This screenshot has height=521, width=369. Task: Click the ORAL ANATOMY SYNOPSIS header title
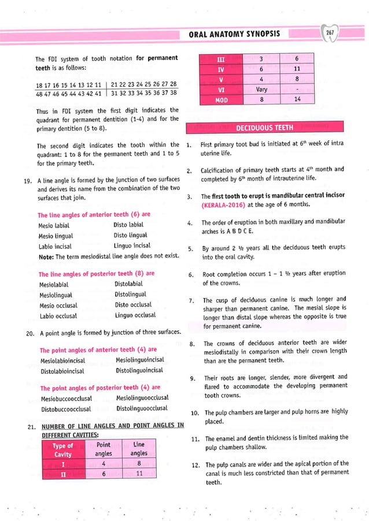234,34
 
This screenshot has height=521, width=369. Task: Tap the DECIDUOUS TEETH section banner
265,128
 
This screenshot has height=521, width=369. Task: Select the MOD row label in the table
220,99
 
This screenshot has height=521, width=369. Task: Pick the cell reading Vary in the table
261,90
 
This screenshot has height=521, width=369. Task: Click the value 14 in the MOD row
296,99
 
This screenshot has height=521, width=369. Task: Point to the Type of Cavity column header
63,450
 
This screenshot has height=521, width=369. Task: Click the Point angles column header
104,449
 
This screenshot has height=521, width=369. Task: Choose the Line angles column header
139,449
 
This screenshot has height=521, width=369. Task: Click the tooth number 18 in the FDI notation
39,84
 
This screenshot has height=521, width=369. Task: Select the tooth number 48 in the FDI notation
39,93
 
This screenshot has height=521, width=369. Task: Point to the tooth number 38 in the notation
173,93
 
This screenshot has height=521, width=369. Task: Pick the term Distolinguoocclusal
142,408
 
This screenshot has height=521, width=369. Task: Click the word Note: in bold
46,257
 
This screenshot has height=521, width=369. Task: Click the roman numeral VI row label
220,90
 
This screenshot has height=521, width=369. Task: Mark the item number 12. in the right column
194,465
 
